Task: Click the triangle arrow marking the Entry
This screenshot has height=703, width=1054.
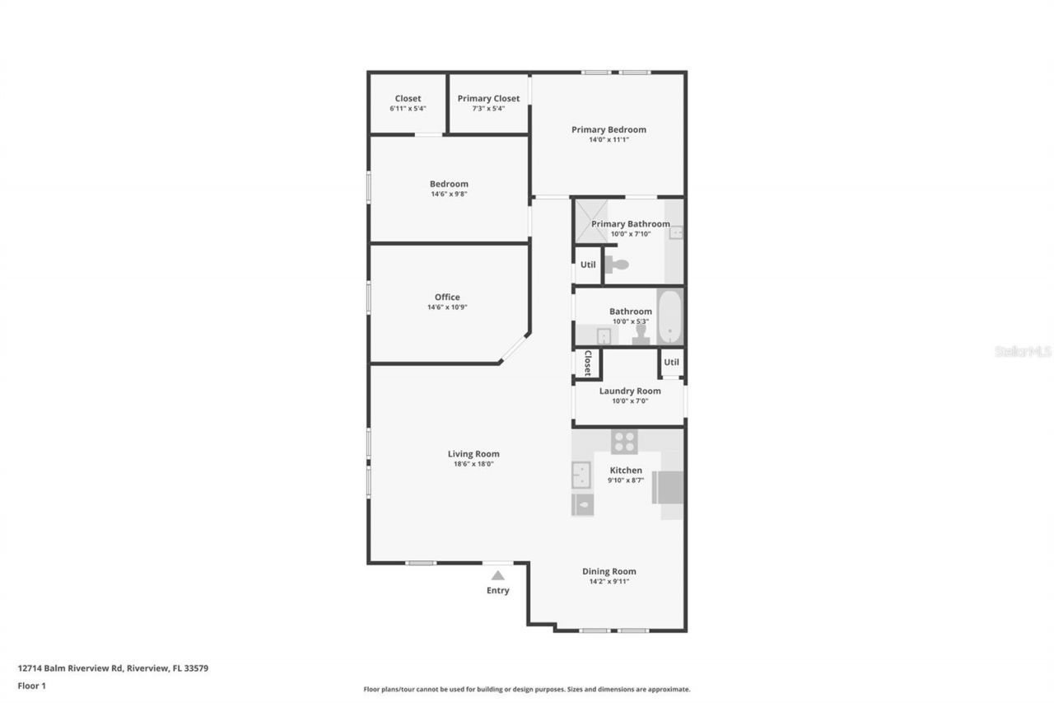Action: [x=497, y=576]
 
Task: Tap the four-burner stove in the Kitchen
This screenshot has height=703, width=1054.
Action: [x=624, y=442]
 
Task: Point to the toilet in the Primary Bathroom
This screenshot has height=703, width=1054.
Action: [x=616, y=265]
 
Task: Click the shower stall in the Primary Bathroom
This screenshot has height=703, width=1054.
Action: [x=590, y=220]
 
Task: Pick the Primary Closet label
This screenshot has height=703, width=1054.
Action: [x=488, y=98]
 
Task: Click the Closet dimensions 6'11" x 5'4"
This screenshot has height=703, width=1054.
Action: [x=408, y=108]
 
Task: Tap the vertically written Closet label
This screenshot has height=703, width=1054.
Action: [x=588, y=363]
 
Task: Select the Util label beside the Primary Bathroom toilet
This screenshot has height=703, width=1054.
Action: [x=588, y=265]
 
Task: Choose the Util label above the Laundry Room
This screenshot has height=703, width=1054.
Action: [x=671, y=362]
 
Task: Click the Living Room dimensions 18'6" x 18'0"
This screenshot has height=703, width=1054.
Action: [x=473, y=464]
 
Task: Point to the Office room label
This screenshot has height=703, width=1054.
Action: [x=447, y=297]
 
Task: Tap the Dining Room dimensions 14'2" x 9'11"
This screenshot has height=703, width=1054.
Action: [x=609, y=581]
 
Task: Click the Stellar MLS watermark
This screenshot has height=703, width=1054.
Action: [x=1023, y=351]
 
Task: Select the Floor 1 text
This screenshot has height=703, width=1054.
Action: [x=31, y=685]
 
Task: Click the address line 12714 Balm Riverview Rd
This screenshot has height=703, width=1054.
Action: [x=113, y=668]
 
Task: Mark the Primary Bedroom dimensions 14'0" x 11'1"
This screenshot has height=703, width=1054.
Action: [x=609, y=139]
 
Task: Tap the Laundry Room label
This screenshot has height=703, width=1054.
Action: [x=630, y=391]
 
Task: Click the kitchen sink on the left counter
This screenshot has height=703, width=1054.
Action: [x=581, y=476]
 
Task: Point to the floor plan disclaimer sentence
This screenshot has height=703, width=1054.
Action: [x=527, y=689]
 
